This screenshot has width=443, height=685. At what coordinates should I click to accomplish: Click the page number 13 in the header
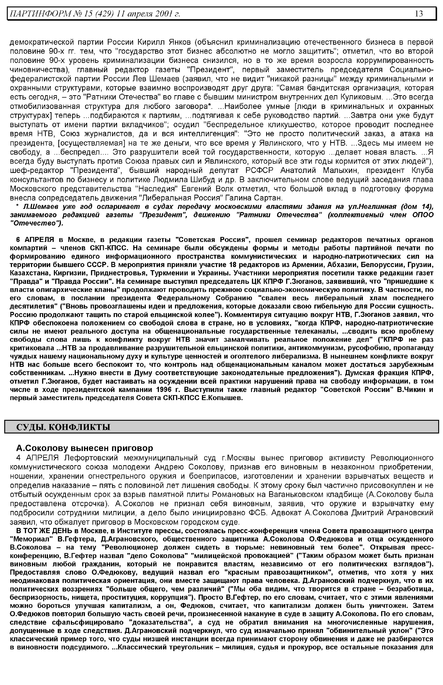(x=419, y=13)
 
